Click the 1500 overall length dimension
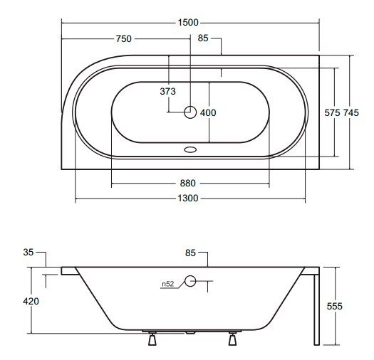tap(188, 23)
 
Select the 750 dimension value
tap(123, 38)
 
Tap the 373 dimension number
tap(167, 91)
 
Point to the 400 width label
tap(208, 112)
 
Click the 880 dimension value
tap(188, 184)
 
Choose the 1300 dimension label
tap(188, 198)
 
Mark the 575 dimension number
tap(332, 112)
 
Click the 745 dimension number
tap(351, 112)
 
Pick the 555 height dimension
tap(334, 306)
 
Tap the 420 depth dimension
tap(31, 302)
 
